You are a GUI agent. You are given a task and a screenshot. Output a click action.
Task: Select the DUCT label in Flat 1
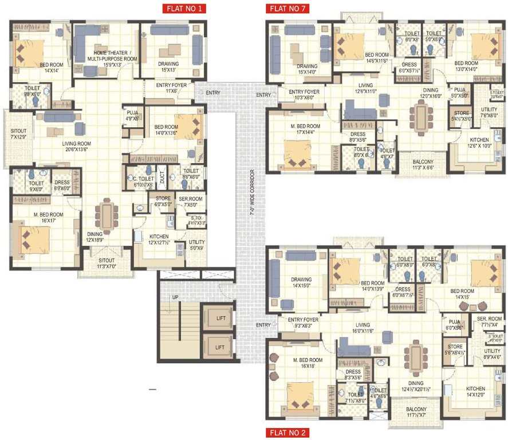[x=163, y=178]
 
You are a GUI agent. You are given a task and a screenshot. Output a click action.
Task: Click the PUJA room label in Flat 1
[x=132, y=116]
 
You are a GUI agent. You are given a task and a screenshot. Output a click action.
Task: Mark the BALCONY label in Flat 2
[x=416, y=412]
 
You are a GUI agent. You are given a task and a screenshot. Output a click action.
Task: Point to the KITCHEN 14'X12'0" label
[x=476, y=391]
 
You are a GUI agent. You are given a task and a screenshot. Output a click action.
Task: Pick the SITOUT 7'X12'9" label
[x=18, y=134]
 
